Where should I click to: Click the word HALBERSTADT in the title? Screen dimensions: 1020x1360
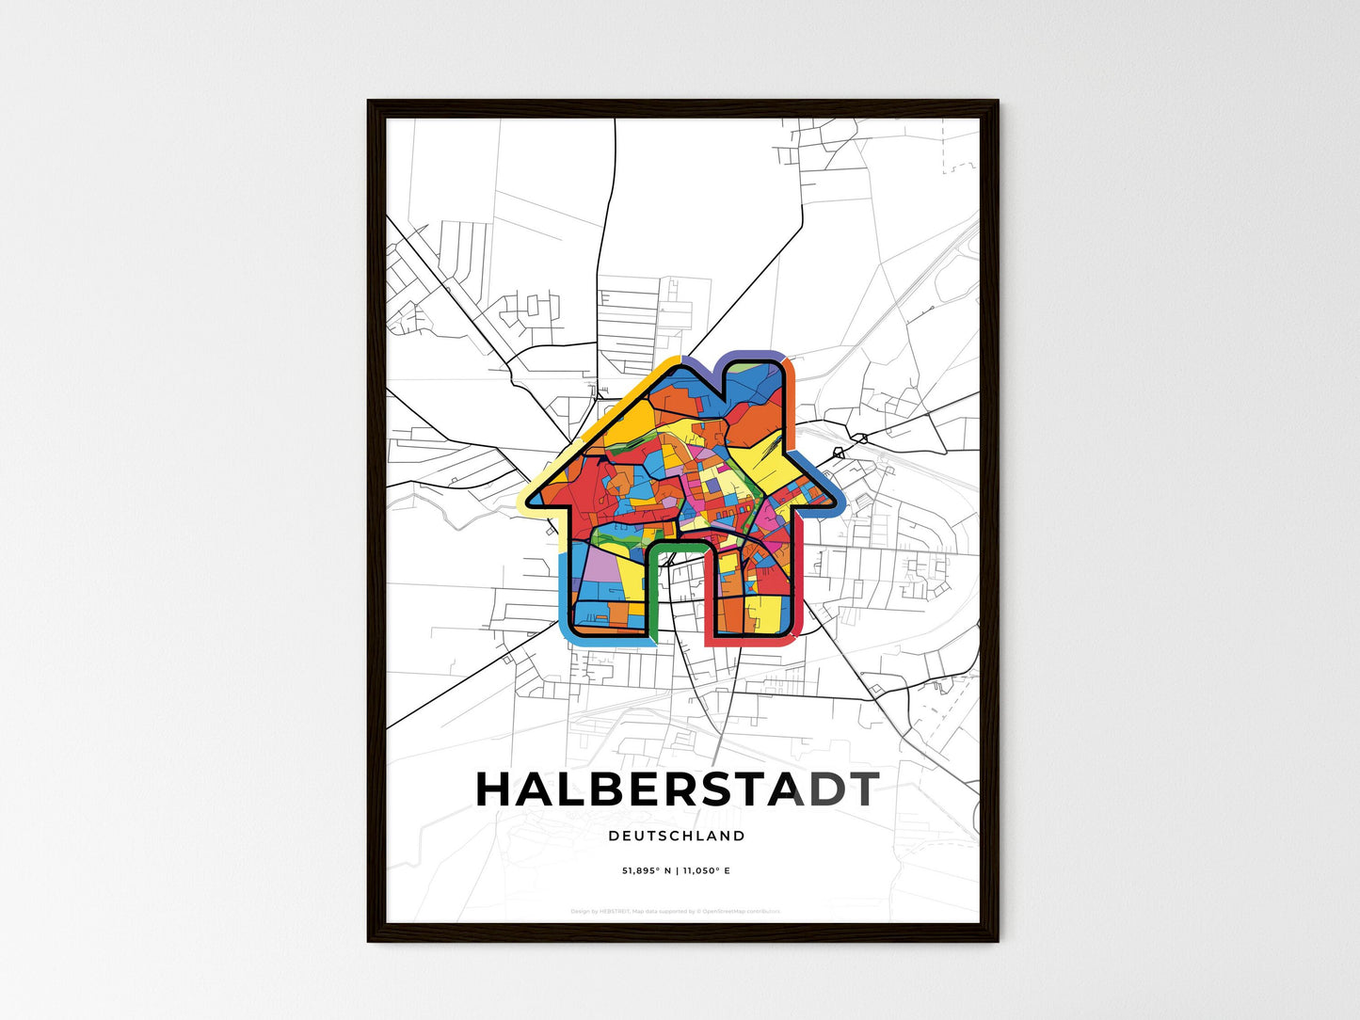[677, 790]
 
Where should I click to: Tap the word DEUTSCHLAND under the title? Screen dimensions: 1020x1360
[677, 836]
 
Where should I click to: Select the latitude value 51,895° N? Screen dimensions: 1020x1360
[647, 870]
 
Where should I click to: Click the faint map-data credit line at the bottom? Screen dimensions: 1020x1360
[676, 911]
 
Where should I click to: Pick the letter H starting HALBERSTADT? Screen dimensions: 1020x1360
[496, 790]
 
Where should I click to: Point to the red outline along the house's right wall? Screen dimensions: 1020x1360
[803, 583]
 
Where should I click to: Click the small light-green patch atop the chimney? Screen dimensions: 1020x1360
[774, 362]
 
